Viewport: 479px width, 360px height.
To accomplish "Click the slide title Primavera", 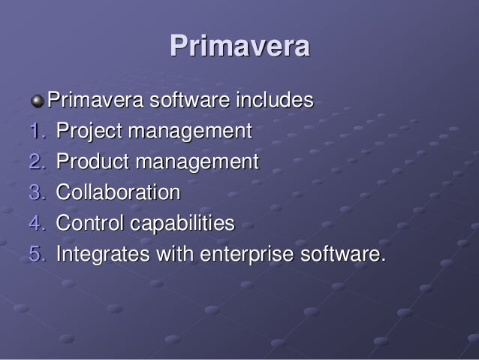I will (x=239, y=47).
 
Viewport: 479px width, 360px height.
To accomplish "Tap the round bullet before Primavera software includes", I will (x=38, y=100).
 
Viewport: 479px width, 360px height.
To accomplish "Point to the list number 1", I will (x=37, y=132).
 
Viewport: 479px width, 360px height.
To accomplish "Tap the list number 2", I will (x=37, y=162).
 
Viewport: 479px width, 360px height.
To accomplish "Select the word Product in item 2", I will (x=89, y=162).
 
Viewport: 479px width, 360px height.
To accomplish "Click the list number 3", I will (x=37, y=193).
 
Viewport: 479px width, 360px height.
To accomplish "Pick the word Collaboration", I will (x=119, y=193).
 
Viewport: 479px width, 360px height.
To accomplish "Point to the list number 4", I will (x=37, y=224).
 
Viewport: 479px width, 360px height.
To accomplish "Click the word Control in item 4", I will (x=86, y=224).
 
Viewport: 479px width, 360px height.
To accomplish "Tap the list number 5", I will (x=37, y=255).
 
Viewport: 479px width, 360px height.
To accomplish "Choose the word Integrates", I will (x=101, y=255).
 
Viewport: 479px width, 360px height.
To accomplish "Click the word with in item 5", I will (x=171, y=255).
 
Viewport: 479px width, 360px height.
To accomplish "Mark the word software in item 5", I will (x=342, y=255).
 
